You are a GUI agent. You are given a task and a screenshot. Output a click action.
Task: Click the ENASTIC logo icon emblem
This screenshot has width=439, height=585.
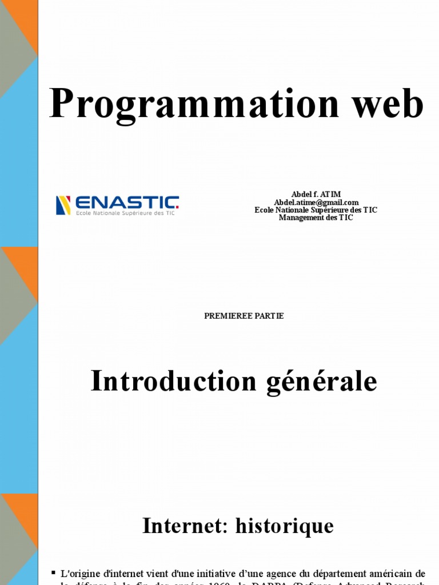[63, 205]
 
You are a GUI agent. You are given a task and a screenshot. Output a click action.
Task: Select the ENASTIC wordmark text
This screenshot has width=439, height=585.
[127, 202]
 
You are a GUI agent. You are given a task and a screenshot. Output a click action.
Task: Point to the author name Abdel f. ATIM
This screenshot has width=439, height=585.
[316, 195]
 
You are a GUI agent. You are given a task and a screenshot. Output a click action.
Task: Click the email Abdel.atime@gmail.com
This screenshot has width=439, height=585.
[316, 202]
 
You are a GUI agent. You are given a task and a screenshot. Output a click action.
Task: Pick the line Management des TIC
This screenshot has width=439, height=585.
[316, 218]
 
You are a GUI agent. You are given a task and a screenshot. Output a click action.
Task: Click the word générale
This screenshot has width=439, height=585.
[322, 382]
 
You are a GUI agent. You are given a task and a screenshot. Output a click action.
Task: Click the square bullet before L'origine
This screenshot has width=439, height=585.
[54, 572]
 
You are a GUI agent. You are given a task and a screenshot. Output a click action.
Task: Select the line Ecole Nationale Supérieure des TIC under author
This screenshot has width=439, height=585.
[316, 210]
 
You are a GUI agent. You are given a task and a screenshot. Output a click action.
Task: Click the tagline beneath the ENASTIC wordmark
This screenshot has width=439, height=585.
[125, 213]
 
